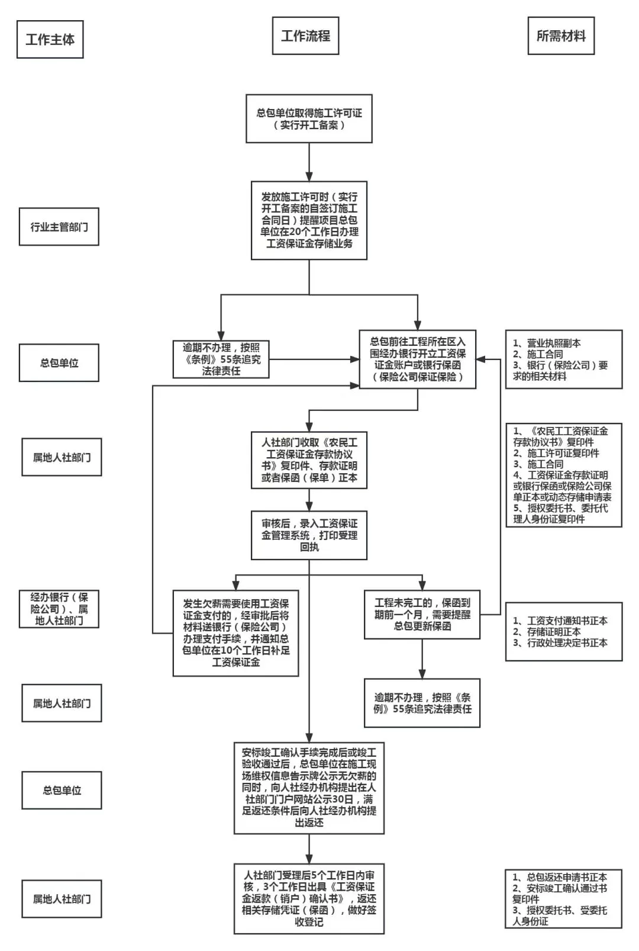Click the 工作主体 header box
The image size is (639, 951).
tap(50, 40)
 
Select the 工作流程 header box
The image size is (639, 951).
tap(305, 36)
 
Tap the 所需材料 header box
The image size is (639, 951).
tap(560, 36)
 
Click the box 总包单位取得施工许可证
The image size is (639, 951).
tap(309, 118)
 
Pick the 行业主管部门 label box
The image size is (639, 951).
tap(59, 227)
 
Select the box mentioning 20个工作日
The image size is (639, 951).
tap(309, 220)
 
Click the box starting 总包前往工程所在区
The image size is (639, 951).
tap(418, 359)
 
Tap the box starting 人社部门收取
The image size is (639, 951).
tap(309, 460)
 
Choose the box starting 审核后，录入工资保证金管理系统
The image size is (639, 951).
tap(309, 535)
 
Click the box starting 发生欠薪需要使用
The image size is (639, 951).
tap(235, 633)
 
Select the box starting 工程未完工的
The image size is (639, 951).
tap(422, 614)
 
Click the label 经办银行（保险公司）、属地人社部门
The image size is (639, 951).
tap(59, 609)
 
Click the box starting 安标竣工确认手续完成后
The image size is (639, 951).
tap(309, 788)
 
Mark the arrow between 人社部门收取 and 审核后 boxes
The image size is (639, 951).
tap(309, 500)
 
